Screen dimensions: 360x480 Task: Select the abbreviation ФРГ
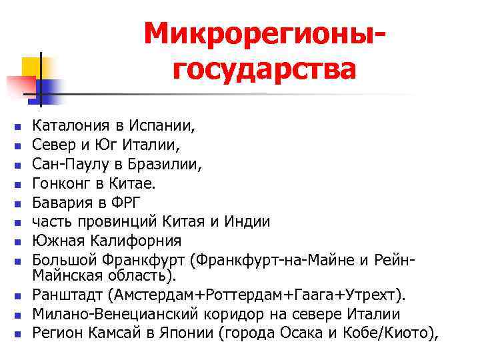point(127,201)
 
